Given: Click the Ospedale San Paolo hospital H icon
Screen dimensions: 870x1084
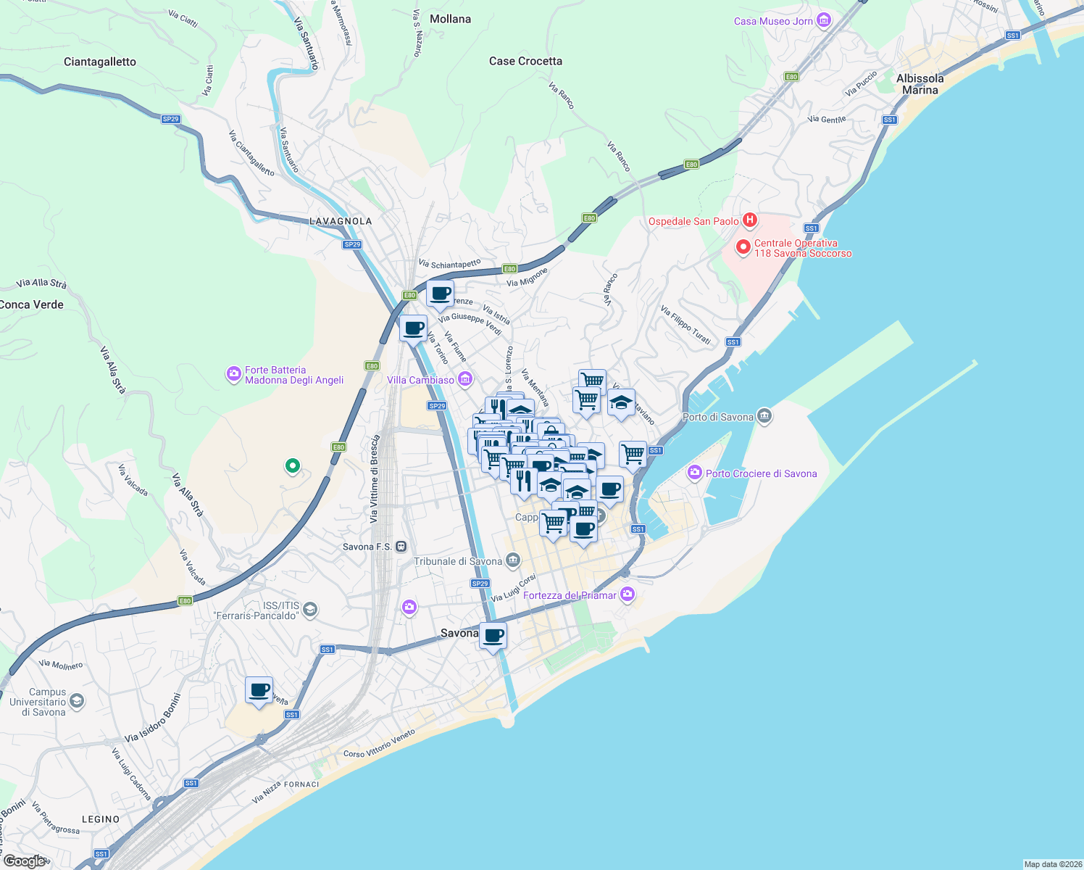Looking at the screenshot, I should [750, 220].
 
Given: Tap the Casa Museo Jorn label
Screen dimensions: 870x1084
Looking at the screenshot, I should [773, 21].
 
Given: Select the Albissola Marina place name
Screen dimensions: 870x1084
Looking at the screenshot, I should [920, 84].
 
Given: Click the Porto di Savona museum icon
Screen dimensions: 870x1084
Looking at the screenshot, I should [764, 416].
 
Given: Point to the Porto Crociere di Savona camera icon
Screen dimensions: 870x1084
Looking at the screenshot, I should [695, 473].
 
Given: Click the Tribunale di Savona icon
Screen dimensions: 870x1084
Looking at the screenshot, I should [513, 560].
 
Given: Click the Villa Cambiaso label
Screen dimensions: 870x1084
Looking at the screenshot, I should [420, 380].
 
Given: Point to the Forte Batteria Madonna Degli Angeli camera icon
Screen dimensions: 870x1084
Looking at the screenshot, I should [233, 374].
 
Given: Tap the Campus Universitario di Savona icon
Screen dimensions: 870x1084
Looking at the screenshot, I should [77, 701].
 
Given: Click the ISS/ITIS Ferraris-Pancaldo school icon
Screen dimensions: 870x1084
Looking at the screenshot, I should [310, 610].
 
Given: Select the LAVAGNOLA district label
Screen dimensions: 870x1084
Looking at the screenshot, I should [341, 221].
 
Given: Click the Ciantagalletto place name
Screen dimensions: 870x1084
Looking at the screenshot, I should [100, 62].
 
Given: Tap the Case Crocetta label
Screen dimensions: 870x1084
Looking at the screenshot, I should [525, 61].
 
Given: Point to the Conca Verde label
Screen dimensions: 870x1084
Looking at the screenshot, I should [32, 304].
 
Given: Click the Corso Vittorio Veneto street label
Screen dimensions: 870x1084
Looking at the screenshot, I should [379, 744].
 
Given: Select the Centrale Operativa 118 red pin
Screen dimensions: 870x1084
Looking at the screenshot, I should [743, 247].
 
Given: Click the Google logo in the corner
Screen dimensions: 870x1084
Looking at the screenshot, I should [25, 861].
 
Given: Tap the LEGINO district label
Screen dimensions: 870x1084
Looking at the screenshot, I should [101, 819].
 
